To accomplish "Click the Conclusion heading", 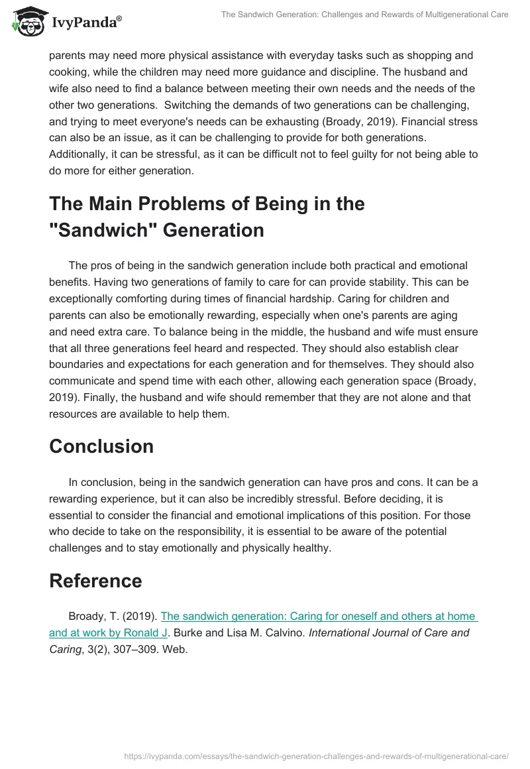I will pos(101,446).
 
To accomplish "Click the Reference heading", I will pos(95,581).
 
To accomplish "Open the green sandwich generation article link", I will pos(319,617).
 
